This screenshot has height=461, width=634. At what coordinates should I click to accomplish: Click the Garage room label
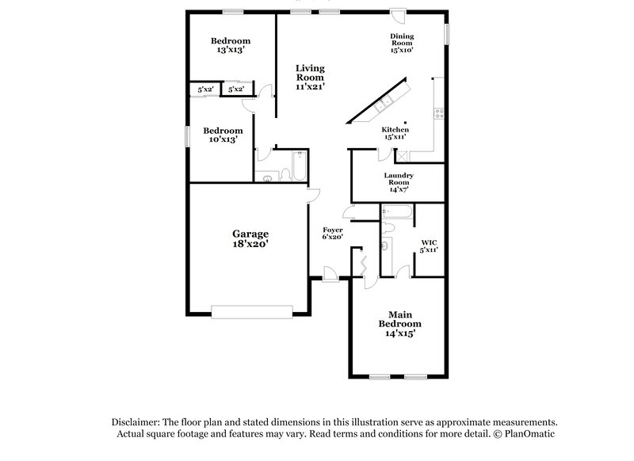[250, 234]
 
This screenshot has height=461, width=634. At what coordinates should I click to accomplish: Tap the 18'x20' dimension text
[250, 245]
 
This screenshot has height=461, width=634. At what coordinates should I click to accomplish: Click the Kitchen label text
[395, 129]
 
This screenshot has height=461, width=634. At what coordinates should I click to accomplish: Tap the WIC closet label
[429, 242]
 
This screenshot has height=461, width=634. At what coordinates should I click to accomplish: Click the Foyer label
[332, 230]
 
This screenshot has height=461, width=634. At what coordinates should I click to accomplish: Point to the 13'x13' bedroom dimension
[231, 49]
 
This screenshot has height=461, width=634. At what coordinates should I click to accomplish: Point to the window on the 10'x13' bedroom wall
[187, 135]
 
